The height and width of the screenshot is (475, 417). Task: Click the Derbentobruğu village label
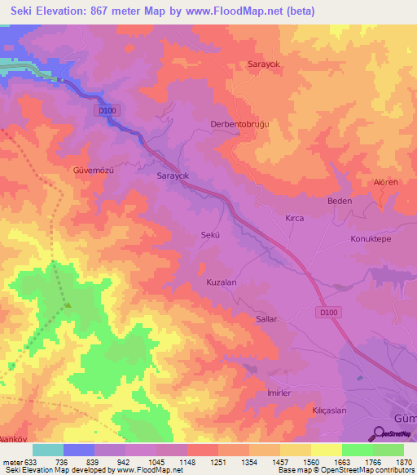[x=262, y=123]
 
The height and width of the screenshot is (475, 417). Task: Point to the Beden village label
[x=339, y=201]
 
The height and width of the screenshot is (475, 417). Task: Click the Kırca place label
[x=294, y=220]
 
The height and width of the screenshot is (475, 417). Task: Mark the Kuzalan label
[x=222, y=282]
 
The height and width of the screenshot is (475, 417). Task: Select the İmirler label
[x=257, y=393]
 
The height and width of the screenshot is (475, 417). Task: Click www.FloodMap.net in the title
[x=248, y=11]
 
